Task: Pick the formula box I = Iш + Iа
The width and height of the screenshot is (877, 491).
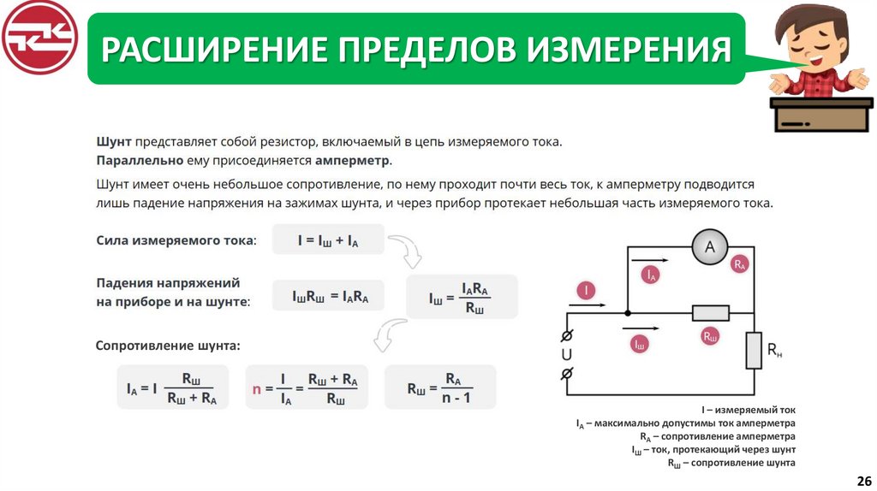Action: point(328,240)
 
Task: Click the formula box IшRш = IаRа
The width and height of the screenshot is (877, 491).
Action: point(328,297)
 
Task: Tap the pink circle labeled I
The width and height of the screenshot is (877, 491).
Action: point(586,291)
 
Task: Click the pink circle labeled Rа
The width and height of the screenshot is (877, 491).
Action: point(739,265)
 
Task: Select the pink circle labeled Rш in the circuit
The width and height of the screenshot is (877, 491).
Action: point(710,337)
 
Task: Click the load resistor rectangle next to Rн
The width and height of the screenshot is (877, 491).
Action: point(753,350)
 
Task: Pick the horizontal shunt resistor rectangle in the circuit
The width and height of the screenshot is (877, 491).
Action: point(710,313)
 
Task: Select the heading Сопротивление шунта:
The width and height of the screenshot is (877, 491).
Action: point(167,346)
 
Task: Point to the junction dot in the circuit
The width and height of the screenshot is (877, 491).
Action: point(628,313)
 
